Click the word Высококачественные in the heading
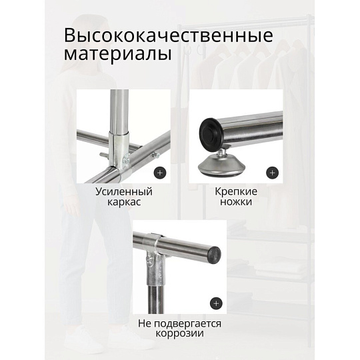168,35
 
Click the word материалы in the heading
117,55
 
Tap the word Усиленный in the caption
124,192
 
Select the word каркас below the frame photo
124,202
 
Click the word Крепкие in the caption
236,192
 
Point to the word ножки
236,202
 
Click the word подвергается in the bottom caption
187,324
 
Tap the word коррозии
179,333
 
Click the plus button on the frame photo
160,173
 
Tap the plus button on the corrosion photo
216,303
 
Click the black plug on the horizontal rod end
215,255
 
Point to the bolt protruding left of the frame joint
104,154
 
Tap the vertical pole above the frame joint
119,111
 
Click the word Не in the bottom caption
145,323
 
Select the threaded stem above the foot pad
221,152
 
